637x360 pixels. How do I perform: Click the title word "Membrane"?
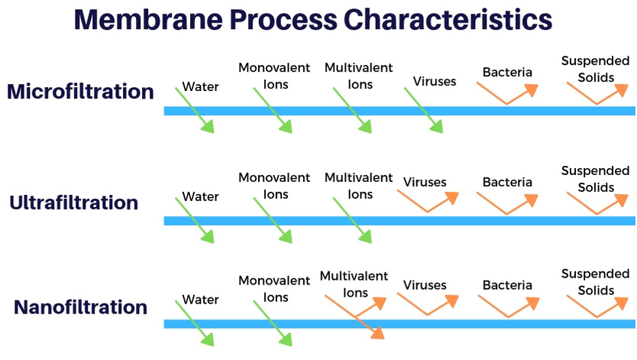click(148, 20)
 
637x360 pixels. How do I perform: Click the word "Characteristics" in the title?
click(448, 20)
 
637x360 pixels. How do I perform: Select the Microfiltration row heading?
click(80, 92)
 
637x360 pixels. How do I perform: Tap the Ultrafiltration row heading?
click(74, 203)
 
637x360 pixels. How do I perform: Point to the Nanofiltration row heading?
click(80, 306)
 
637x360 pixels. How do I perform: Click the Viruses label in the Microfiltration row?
click(435, 81)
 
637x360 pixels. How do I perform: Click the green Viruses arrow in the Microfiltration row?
click(423, 110)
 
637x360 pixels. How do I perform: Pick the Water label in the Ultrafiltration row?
click(200, 196)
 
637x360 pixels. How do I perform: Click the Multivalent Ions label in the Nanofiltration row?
click(354, 284)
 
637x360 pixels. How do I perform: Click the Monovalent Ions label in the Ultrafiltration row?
click(274, 186)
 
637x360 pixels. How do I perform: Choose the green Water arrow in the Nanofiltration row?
click(194, 323)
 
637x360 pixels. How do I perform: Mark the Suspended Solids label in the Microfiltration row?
click(595, 69)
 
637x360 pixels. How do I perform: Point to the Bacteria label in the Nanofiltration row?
click(507, 285)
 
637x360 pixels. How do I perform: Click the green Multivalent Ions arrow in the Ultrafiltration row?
click(352, 220)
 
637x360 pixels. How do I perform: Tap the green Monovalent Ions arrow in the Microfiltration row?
click(273, 110)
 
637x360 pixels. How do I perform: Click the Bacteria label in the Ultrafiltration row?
click(507, 182)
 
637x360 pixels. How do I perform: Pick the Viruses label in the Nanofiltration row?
click(425, 285)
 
